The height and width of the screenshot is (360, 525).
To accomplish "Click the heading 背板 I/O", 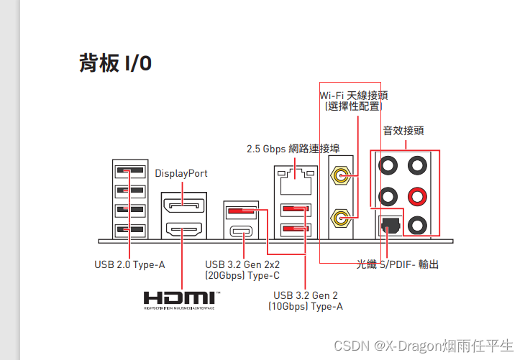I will click(115, 63).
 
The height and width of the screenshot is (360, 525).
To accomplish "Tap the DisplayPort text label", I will click(181, 173).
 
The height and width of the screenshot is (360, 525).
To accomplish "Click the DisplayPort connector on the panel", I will click(183, 207).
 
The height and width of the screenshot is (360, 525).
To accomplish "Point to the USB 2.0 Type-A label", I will click(129, 264).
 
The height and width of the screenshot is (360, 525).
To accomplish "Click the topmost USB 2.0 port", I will click(129, 172).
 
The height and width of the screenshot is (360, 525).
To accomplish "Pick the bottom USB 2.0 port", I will click(129, 230).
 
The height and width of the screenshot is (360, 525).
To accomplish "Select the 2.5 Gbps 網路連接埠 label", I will click(293, 149).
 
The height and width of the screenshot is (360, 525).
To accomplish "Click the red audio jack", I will click(416, 195).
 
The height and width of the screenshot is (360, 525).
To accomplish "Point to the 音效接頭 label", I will click(403, 131).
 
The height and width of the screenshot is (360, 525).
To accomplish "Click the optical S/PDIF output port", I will click(388, 225).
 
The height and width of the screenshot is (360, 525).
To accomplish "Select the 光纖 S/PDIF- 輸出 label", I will click(397, 264).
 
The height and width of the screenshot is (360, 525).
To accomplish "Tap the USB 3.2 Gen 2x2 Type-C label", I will click(242, 269).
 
